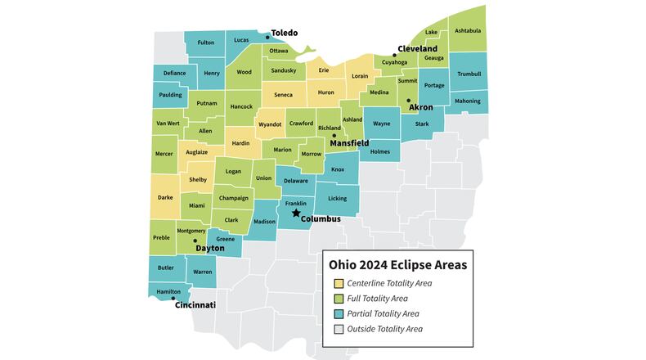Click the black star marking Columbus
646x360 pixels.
coord(296,213)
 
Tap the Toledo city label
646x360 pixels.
coord(285,33)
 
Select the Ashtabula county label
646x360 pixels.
coord(467,31)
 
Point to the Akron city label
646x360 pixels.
coord(420,107)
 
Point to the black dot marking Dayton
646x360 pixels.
coord(195,241)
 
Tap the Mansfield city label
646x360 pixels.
coord(349,142)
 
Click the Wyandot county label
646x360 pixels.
coord(270,124)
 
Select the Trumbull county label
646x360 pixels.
coord(469,74)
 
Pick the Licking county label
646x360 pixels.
coord(337,198)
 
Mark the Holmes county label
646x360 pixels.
coord(380,151)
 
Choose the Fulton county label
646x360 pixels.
coord(206,43)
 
